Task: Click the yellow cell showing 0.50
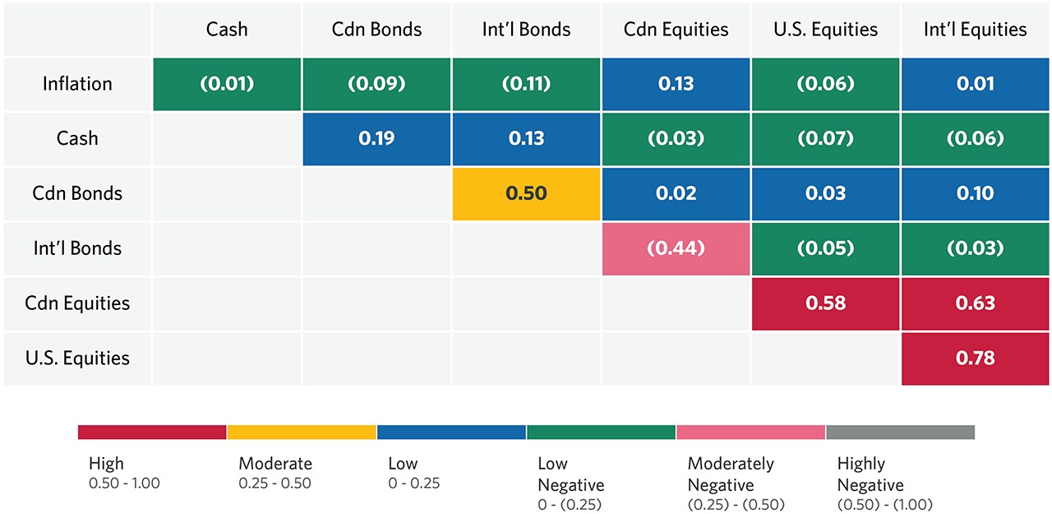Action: pos(526,193)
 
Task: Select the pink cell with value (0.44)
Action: pos(676,248)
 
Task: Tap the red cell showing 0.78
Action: pos(975,358)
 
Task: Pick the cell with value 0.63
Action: pos(975,303)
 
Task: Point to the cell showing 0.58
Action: pos(825,303)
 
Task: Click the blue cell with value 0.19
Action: pos(376,138)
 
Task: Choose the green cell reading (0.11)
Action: pos(526,83)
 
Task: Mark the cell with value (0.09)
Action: pos(376,83)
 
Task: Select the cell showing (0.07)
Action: pos(825,138)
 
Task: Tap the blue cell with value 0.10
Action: pos(975,193)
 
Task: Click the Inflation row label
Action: pos(77,83)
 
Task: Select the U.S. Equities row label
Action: pos(77,358)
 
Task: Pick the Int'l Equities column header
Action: pos(975,30)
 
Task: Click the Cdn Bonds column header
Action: pos(376,30)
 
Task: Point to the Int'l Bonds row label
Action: pos(77,248)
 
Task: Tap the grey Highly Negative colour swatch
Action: pos(900,433)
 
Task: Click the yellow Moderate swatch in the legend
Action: pos(302,433)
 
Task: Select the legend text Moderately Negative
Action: pos(731,475)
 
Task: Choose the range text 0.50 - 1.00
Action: pos(124,484)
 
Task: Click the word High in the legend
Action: pos(106,464)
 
